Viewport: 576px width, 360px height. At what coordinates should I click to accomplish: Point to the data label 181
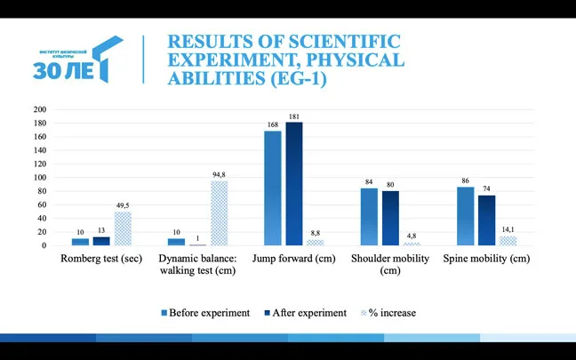tap(294, 116)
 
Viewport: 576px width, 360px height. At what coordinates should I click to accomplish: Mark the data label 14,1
tap(508, 229)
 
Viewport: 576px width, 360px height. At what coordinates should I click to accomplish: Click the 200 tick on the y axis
tap(39, 109)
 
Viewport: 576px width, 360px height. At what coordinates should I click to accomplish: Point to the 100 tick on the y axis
tap(39, 178)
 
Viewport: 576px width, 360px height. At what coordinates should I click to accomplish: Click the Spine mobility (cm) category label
tap(486, 259)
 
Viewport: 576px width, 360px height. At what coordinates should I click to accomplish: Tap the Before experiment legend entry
tap(205, 313)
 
